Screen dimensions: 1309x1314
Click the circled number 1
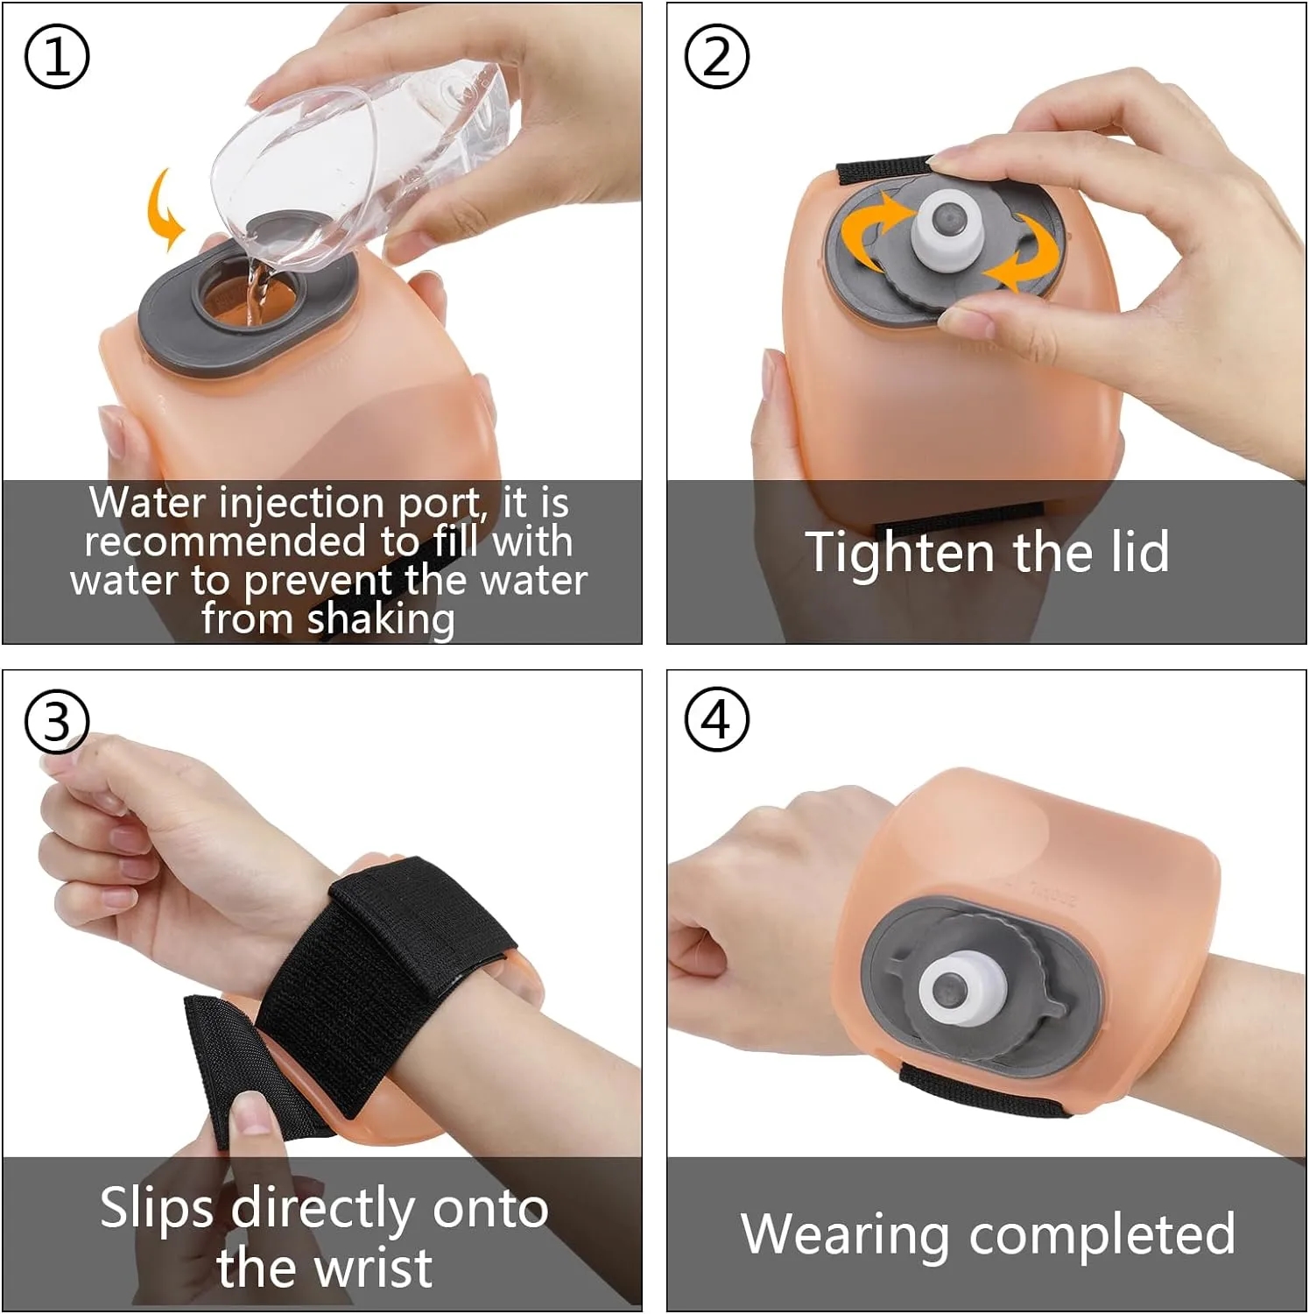pyautogui.click(x=57, y=57)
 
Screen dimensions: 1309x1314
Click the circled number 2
pyautogui.click(x=716, y=57)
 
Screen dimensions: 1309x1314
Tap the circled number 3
pyautogui.click(x=57, y=722)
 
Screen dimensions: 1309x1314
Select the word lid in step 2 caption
pyautogui.click(x=1135, y=551)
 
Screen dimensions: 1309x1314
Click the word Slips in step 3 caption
pyautogui.click(x=157, y=1210)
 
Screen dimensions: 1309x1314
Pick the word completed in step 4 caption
pyautogui.click(x=1102, y=1236)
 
